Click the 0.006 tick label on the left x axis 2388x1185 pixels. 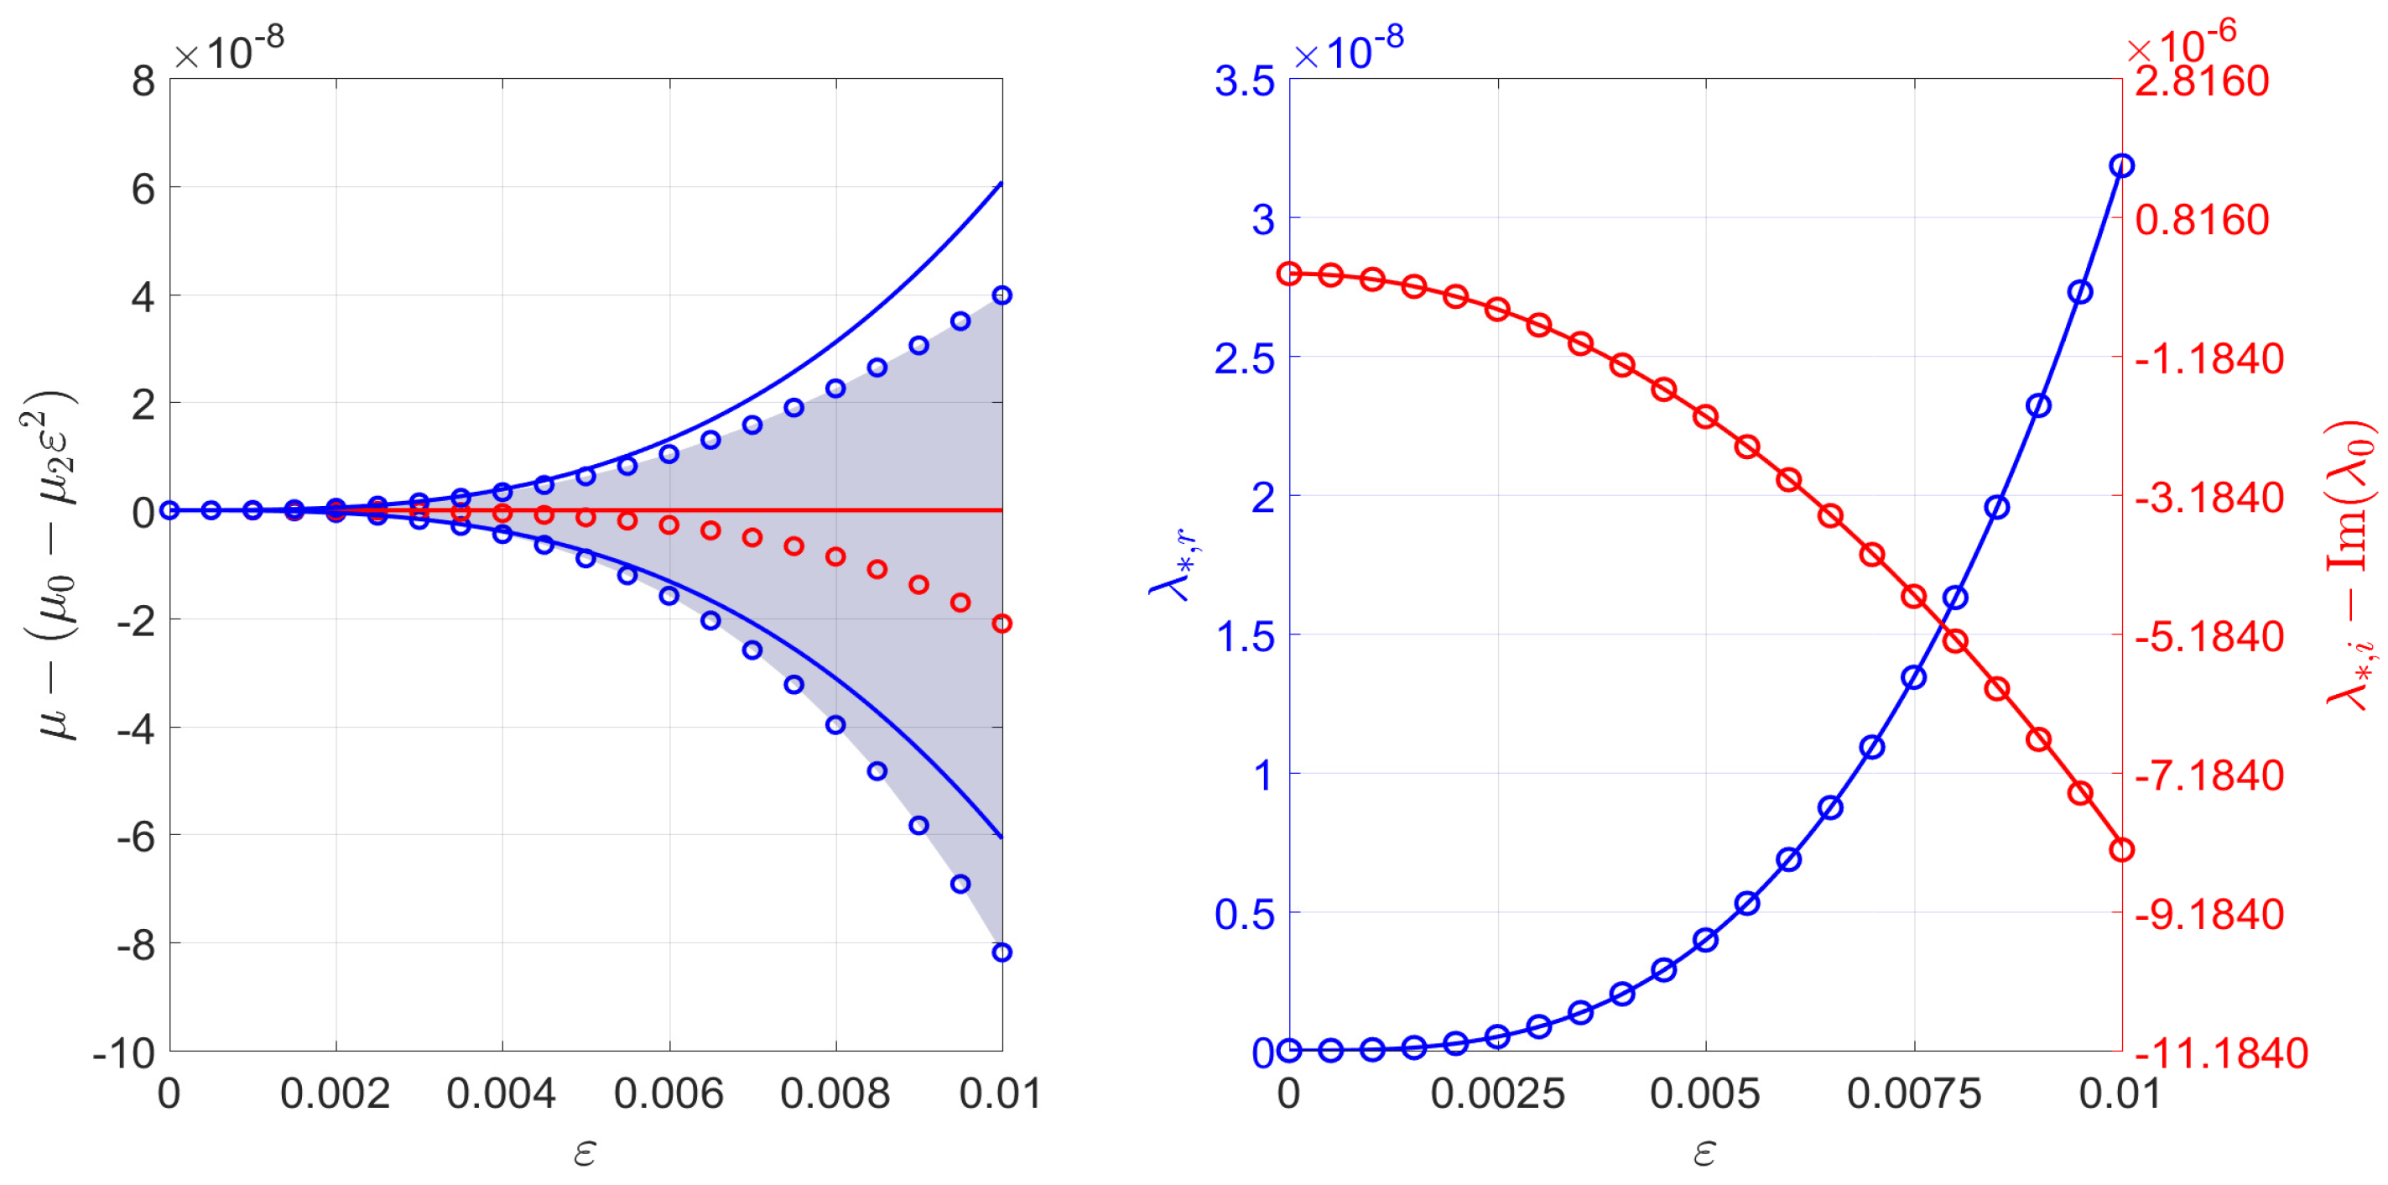coord(668,1094)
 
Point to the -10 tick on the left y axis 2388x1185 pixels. coord(124,1053)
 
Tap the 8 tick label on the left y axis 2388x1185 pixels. coord(143,81)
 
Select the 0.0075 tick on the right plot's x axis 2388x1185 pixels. coord(1913,1094)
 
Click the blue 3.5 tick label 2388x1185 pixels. coord(1244,81)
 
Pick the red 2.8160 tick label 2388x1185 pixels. coord(2202,81)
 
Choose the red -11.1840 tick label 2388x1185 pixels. coord(2220,1053)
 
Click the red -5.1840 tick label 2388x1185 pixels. coord(2209,637)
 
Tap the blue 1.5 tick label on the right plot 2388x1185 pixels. coord(1244,637)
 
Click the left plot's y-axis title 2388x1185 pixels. coord(51,566)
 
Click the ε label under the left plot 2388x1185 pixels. coord(585,1152)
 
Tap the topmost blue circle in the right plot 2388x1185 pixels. coord(2121,166)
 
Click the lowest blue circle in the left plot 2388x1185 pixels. coord(1002,953)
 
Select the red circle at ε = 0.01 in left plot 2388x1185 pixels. coord(1002,623)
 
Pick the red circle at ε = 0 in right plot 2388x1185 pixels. coord(1289,274)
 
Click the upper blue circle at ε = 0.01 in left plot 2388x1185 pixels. coord(1002,295)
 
